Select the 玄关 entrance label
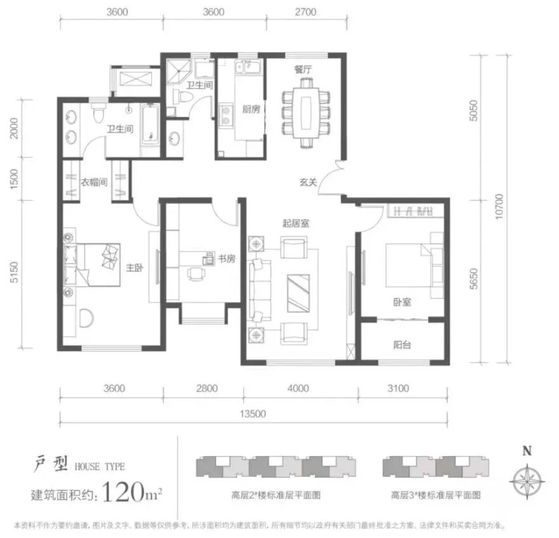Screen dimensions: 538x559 (308, 183)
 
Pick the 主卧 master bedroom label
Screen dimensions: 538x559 (133, 268)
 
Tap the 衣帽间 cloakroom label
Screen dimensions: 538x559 (94, 182)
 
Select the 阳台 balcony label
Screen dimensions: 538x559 (401, 345)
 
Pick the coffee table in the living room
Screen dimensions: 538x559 (299, 293)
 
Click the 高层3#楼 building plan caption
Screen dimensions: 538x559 (436, 493)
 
